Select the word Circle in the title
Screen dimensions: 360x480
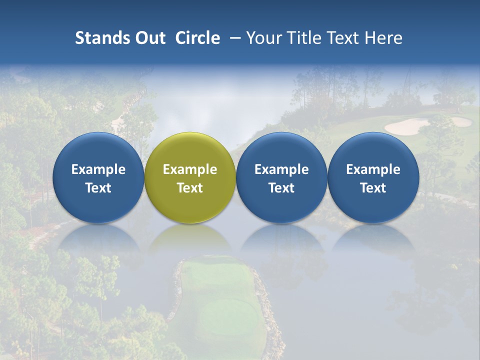tap(197, 38)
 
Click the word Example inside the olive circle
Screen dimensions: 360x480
tap(190, 169)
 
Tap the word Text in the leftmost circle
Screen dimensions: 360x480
tap(98, 188)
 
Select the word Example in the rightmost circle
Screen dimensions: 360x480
tap(373, 169)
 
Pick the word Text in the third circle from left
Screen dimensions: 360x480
tap(281, 188)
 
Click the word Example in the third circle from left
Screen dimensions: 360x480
tap(281, 169)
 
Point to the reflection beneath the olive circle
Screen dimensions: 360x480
tap(190, 240)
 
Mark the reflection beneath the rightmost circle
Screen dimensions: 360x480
tap(373, 240)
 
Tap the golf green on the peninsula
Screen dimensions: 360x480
tap(227, 315)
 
